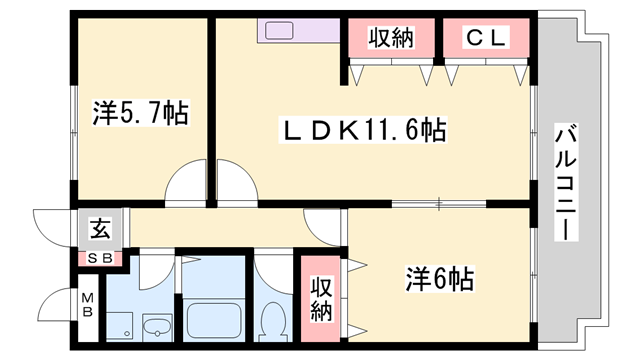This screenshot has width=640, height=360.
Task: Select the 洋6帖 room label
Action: pos(440,276)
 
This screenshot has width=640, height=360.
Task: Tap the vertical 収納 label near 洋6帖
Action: pos(320,297)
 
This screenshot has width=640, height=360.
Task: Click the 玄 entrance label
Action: pos(101,227)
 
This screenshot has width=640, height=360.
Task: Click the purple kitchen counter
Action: pos(299,30)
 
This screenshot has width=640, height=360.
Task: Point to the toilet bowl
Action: pos(271,323)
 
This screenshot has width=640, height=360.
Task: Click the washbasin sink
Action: pos(157,328)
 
